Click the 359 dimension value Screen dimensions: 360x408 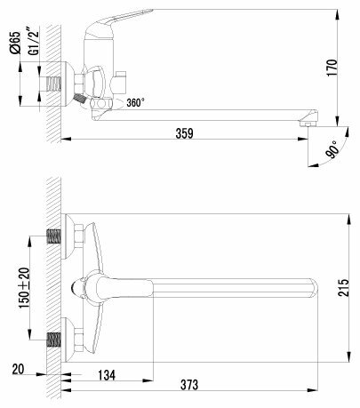184,133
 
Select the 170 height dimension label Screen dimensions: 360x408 332,68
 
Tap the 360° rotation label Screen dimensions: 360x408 136,102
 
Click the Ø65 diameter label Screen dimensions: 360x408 15,43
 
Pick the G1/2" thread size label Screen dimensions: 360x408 34,41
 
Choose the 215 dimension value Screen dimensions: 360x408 343,287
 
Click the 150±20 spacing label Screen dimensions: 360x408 25,288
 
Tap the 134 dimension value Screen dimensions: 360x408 107,375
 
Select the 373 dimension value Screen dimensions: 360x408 189,385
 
